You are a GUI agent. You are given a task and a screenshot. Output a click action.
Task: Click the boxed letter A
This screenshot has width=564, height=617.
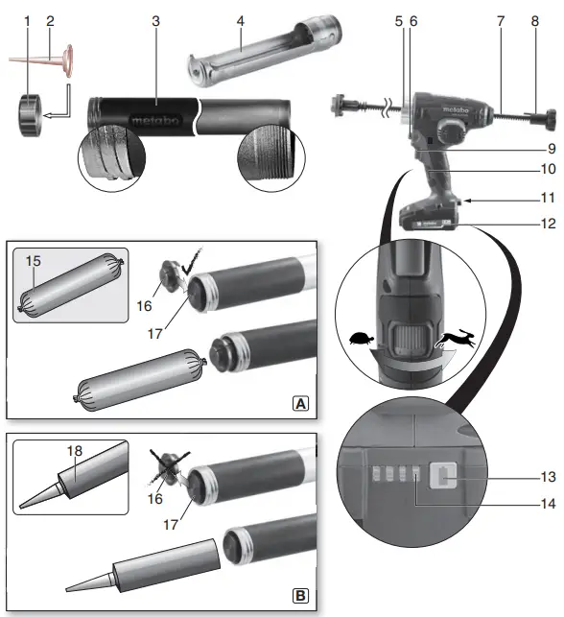[x=301, y=405]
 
